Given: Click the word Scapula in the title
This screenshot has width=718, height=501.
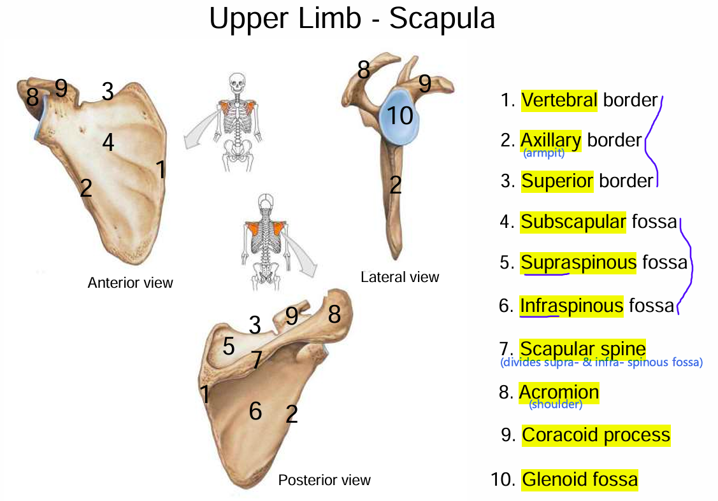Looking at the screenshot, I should pos(442,19).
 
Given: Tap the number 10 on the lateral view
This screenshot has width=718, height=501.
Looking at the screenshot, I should pos(400,116).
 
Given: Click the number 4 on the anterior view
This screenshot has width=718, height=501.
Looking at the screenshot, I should pos(108,143).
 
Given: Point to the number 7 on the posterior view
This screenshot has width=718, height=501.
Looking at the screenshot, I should pos(255,360).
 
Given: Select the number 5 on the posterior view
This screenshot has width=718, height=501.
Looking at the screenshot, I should pos(228,347).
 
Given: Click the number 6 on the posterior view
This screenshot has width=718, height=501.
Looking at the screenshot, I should pos(255,411).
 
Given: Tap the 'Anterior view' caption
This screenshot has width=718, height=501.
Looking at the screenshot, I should pos(130,282).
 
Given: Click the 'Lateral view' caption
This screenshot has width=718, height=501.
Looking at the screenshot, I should pos(399,277).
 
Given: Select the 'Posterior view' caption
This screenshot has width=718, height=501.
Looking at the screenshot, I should pos(324,479).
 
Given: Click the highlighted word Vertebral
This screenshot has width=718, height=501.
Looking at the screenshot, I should pos(559,100).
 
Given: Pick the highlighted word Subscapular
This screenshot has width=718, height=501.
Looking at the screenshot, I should pos(573,222).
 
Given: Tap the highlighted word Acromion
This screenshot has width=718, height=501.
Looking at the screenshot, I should pos(559,392).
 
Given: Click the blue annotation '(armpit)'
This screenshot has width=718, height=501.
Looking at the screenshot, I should pos(543,153).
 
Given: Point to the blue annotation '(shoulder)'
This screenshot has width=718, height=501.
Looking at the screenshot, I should pos(556,405).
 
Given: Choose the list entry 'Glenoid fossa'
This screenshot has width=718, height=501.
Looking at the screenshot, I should pos(579,479).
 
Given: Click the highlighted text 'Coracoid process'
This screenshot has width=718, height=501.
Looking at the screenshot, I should pos(596,435).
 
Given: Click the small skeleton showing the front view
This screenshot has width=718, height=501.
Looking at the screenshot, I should pos(238,121).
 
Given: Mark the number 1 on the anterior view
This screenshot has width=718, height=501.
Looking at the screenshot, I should pos(161,170).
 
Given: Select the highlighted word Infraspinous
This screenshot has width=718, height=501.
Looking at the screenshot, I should pos(571,306).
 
